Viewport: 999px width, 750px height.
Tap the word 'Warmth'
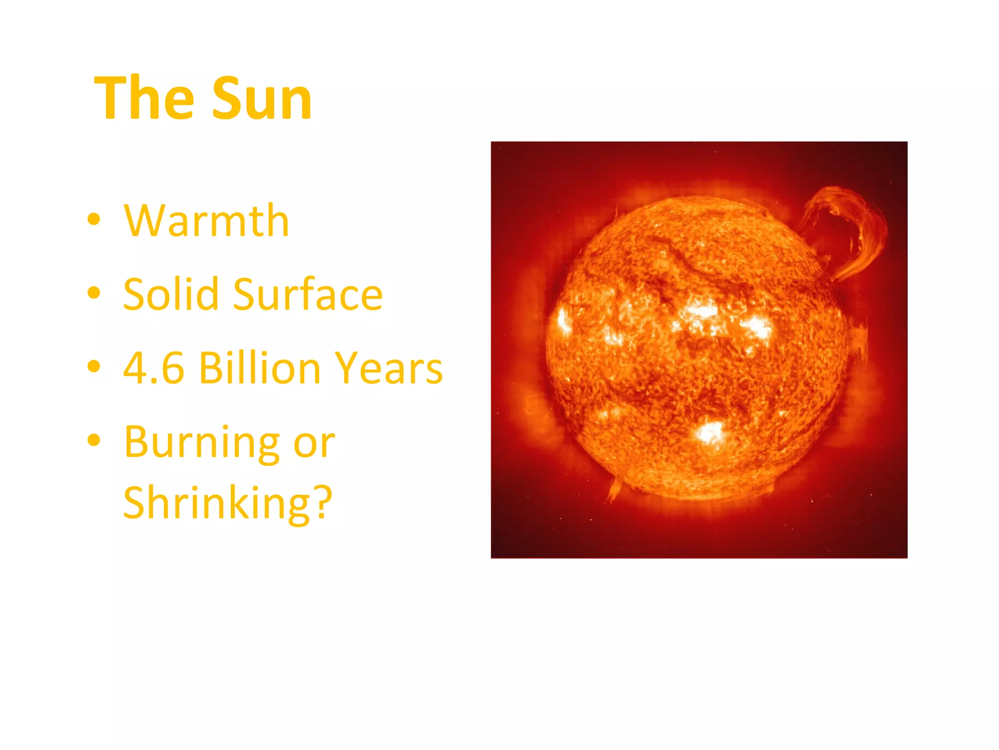click(x=206, y=221)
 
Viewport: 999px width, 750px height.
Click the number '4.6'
click(x=154, y=368)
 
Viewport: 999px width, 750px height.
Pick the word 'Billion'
click(x=260, y=368)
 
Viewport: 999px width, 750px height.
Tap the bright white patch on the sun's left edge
click(x=564, y=321)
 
